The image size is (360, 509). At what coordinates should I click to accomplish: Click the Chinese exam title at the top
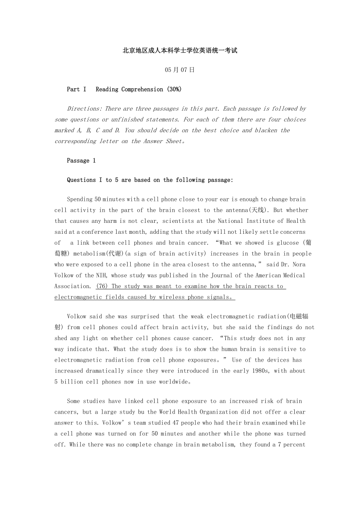pyautogui.click(x=180, y=50)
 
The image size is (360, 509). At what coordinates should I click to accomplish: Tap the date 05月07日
pyautogui.click(x=180, y=70)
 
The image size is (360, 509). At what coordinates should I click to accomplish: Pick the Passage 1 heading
pyautogui.click(x=81, y=161)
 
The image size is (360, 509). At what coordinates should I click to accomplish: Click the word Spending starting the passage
pyautogui.click(x=80, y=199)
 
